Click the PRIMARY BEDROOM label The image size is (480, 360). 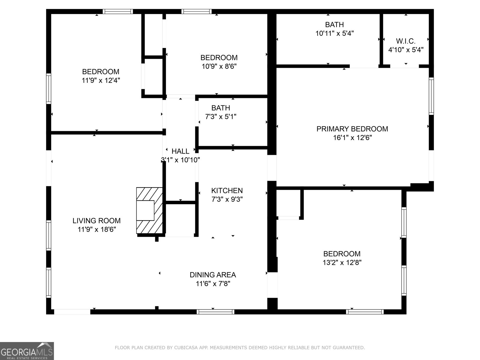click(x=352, y=129)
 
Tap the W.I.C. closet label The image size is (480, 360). click(x=406, y=41)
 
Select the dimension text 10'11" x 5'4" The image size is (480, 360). click(x=334, y=33)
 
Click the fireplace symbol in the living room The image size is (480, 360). click(x=149, y=211)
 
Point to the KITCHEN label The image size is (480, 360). click(x=227, y=190)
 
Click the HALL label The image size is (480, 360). click(x=180, y=151)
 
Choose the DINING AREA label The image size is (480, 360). click(x=213, y=275)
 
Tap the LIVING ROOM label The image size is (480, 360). click(x=97, y=221)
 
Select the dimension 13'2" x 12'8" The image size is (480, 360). click(x=342, y=262)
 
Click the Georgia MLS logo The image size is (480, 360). click(x=27, y=351)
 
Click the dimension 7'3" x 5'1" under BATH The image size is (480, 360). click(x=220, y=117)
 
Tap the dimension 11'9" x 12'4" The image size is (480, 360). click(x=101, y=80)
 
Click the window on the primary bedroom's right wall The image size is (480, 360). click(x=431, y=96)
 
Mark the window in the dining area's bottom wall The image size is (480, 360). click(x=215, y=312)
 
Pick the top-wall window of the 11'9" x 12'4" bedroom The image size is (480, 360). click(x=118, y=12)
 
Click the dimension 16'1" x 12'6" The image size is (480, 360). click(x=352, y=138)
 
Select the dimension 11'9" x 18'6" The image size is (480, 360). click(x=97, y=229)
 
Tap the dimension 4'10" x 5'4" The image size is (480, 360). click(x=406, y=50)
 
